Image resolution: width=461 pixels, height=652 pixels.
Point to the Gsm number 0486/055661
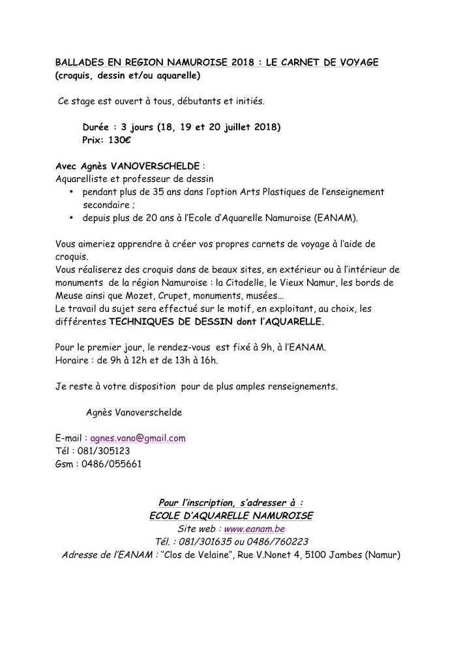(110, 464)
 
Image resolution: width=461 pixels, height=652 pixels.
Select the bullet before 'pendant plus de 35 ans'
(71, 192)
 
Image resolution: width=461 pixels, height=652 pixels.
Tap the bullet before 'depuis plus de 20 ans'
(71, 217)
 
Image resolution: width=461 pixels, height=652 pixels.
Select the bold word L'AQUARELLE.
(288, 321)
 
